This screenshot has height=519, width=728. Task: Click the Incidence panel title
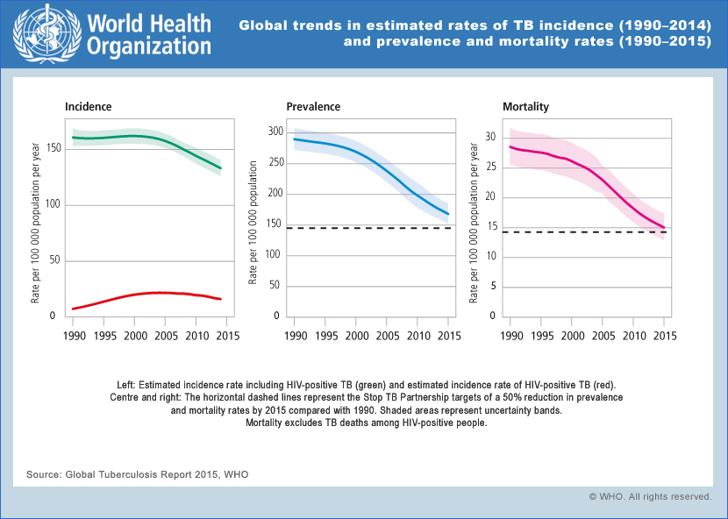tap(88, 107)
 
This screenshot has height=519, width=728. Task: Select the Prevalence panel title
tap(313, 107)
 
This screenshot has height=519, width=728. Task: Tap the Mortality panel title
tap(525, 107)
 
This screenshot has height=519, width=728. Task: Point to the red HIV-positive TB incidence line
tap(158, 294)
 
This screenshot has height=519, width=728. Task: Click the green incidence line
tap(158, 138)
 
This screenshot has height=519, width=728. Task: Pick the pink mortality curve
tap(605, 183)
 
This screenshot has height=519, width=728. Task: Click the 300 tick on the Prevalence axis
tap(275, 132)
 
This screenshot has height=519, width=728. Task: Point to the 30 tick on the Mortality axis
tap(491, 137)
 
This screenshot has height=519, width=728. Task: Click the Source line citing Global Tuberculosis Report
tap(138, 474)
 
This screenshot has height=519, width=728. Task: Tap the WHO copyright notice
tap(650, 496)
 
